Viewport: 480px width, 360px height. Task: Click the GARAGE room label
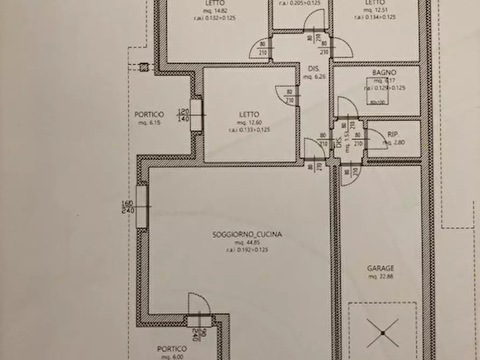point(381,268)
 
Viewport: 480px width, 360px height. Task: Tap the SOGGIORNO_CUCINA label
point(247,234)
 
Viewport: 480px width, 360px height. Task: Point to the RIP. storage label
point(392,135)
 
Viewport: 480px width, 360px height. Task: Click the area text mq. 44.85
point(247,242)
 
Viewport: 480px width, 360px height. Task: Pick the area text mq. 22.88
point(381,276)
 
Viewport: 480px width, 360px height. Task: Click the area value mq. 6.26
point(314,77)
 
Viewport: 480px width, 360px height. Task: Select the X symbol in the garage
point(382,333)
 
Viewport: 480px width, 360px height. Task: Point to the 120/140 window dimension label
point(183,116)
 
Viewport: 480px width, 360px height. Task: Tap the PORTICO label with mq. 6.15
point(149,114)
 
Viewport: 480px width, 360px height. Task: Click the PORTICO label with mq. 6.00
point(173,349)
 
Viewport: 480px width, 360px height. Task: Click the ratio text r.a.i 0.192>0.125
point(247,249)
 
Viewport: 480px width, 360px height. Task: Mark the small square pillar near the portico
point(144,68)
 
